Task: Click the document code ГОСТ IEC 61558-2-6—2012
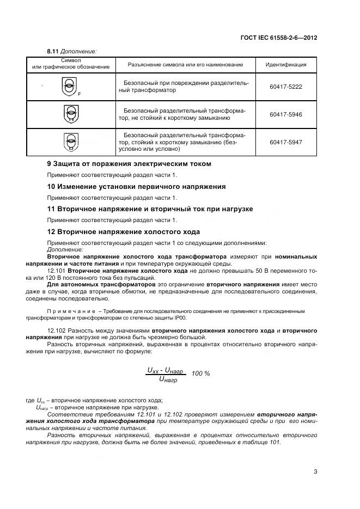click(x=279, y=39)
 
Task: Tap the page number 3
click(x=315, y=471)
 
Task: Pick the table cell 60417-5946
click(x=285, y=114)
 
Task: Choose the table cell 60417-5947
click(x=285, y=142)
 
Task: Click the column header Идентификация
click(x=285, y=65)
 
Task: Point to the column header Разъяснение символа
click(x=185, y=65)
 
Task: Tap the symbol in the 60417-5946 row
click(x=71, y=114)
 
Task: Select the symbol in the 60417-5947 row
click(x=71, y=142)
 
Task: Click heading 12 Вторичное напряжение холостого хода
click(x=124, y=232)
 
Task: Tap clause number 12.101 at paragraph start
click(x=57, y=271)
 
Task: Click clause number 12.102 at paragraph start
click(x=57, y=330)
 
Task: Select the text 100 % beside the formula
click(x=201, y=373)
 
